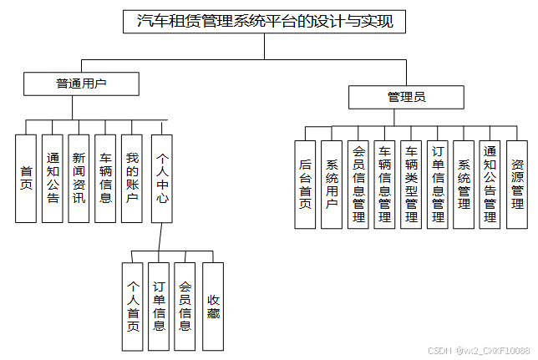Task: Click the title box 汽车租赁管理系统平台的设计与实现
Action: [x=264, y=22]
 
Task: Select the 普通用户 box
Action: [x=81, y=84]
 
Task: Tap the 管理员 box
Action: [x=406, y=98]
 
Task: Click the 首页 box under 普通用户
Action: [x=27, y=178]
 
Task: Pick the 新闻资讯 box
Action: [x=79, y=178]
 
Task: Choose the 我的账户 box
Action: [x=132, y=178]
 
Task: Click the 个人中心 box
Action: [x=162, y=178]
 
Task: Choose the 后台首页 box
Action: [x=305, y=184]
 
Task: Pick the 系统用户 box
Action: [x=332, y=184]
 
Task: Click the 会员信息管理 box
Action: [x=358, y=184]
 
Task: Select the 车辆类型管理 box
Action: [x=411, y=184]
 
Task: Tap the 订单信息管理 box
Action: [x=437, y=184]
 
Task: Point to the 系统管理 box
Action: [x=464, y=184]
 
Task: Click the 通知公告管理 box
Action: [x=490, y=184]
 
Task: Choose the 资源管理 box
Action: [x=517, y=184]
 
